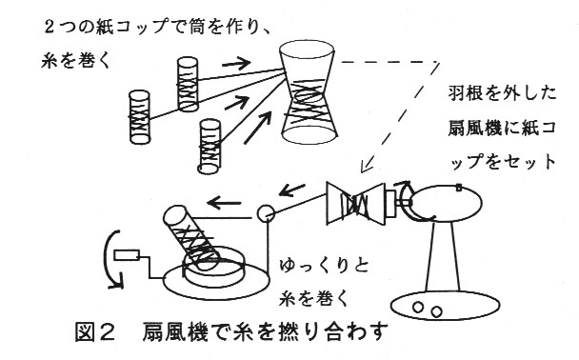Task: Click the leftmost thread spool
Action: click(x=140, y=117)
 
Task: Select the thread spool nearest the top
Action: click(x=188, y=84)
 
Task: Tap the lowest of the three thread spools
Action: click(x=210, y=147)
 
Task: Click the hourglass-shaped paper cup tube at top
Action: click(x=308, y=91)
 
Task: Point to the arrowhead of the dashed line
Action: click(x=365, y=167)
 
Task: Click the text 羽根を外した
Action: click(x=502, y=93)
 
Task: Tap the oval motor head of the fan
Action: click(x=446, y=202)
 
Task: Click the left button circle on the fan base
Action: click(x=418, y=308)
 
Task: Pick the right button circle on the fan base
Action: click(x=437, y=312)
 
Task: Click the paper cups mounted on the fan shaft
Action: click(x=355, y=204)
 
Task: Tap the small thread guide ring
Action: click(x=266, y=213)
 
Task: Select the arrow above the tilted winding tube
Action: click(x=224, y=203)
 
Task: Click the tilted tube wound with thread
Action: click(x=190, y=237)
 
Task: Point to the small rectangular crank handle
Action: click(x=127, y=255)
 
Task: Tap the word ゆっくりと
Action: click(x=324, y=266)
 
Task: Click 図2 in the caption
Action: click(x=95, y=331)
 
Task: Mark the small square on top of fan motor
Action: click(x=459, y=188)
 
